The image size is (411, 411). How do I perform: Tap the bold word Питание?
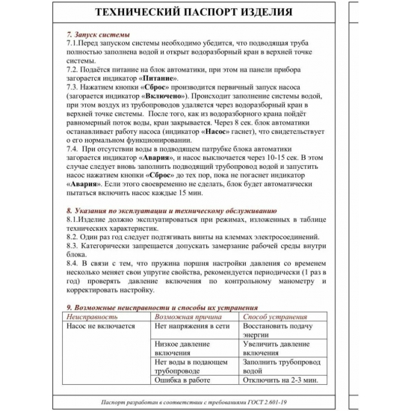click(156, 78)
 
